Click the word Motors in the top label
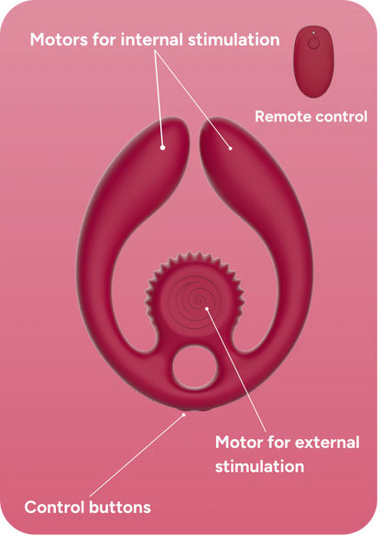pyautogui.click(x=59, y=39)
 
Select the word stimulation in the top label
pyautogui.click(x=234, y=39)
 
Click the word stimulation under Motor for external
pyautogui.click(x=260, y=466)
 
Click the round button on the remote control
pyautogui.click(x=313, y=44)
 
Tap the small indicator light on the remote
pyautogui.click(x=314, y=33)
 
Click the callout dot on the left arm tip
pyautogui.click(x=163, y=147)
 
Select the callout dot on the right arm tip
pyautogui.click(x=230, y=148)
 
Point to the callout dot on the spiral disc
pyautogui.click(x=207, y=308)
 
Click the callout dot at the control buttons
pyautogui.click(x=184, y=414)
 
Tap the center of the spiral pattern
pyautogui.click(x=198, y=301)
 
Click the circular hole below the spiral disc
pyautogui.click(x=194, y=368)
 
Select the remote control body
pyautogui.click(x=314, y=61)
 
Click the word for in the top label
pyautogui.click(x=104, y=39)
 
